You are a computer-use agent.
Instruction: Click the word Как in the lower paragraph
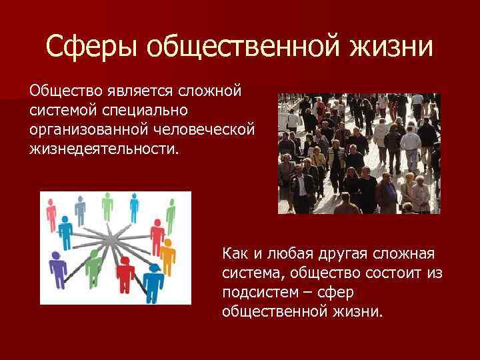point(235,255)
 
